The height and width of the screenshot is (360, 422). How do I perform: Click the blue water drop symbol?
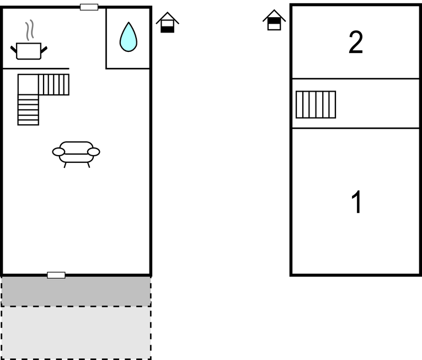tap(129, 37)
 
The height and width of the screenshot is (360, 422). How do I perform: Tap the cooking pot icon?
tap(29, 51)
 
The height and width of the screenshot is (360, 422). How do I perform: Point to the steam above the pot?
tap(30, 30)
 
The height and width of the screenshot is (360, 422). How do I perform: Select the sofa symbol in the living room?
tap(76, 155)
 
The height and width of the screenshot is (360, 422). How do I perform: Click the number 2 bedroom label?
tap(356, 42)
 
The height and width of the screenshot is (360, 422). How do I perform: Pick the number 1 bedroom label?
tap(356, 202)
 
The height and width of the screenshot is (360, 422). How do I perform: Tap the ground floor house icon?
tap(167, 23)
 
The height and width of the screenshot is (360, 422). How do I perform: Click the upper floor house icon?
tap(274, 20)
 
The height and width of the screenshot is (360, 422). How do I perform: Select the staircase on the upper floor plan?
tap(316, 104)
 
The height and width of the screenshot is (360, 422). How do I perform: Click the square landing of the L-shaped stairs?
tap(28, 84)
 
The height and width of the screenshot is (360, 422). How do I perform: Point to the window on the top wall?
tap(89, 7)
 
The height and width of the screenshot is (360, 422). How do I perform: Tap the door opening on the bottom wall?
tap(56, 275)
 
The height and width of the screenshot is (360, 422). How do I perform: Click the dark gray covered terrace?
tap(76, 291)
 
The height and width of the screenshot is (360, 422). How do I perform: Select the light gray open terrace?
tap(76, 332)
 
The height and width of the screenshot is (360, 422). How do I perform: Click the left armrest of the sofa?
tap(58, 152)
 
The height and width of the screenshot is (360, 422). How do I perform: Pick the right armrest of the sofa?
tap(94, 152)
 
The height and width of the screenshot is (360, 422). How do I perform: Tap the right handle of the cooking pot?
tap(44, 50)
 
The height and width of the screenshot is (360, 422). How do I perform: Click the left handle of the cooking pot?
tap(14, 49)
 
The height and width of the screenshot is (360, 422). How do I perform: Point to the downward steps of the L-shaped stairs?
tap(28, 110)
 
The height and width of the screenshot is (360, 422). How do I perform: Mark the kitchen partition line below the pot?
tap(36, 68)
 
